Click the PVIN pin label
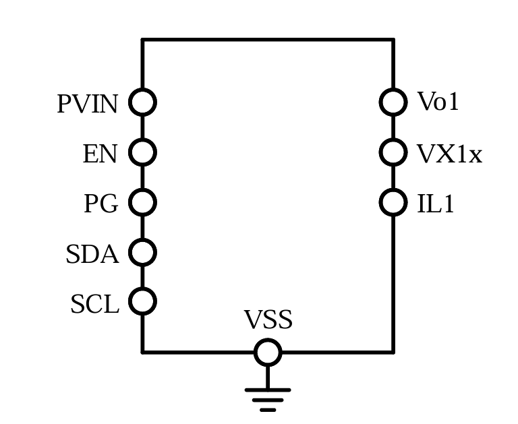tap(88, 104)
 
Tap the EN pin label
tap(100, 154)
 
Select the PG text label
tap(100, 204)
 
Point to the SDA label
tap(92, 255)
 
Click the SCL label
tap(94, 305)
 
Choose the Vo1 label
tap(438, 102)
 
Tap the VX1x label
tap(450, 154)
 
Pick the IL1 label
tap(436, 204)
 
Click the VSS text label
tap(268, 320)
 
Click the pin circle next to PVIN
tap(142, 102)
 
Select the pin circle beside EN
tap(142, 152)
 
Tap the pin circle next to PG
tap(142, 202)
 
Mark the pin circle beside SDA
tap(142, 252)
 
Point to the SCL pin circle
tap(142, 301)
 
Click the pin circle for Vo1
tap(393, 102)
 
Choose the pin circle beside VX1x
tap(393, 152)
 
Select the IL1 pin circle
tap(393, 202)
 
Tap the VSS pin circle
tap(268, 352)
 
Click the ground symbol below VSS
tap(268, 398)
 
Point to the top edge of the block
tap(268, 40)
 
